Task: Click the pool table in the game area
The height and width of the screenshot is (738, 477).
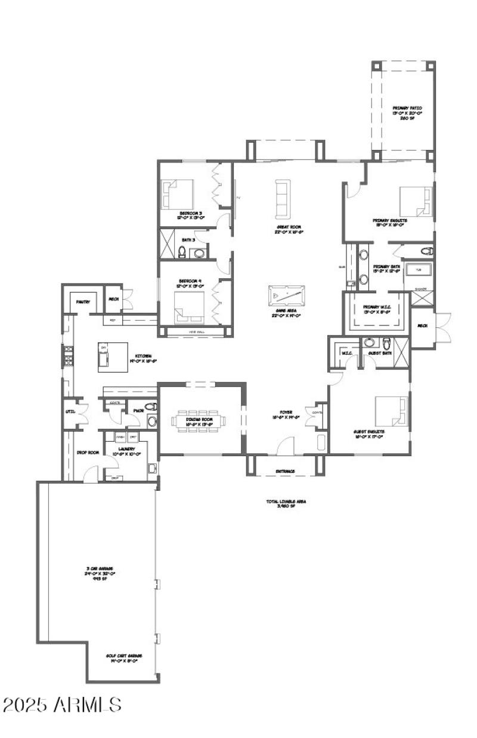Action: point(286,296)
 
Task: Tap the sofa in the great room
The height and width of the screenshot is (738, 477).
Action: point(281,198)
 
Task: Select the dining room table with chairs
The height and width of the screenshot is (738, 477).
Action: point(198,421)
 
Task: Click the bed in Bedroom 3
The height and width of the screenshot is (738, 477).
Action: point(178,193)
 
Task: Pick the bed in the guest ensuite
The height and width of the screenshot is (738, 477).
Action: point(392,412)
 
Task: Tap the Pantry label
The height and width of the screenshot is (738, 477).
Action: point(83,302)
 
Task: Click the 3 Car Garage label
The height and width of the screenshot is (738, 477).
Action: point(98,571)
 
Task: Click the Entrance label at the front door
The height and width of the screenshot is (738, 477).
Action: point(285,471)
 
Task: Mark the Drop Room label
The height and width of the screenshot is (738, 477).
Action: point(87,452)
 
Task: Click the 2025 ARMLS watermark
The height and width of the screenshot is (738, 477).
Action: point(62,705)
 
